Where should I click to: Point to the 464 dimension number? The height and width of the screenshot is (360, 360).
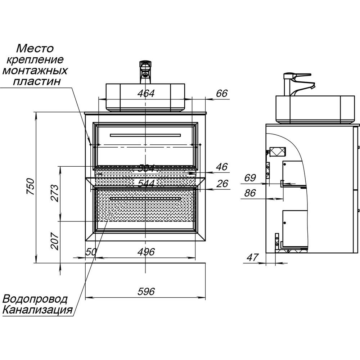tap(146, 94)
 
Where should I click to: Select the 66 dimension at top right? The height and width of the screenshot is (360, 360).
tap(222, 94)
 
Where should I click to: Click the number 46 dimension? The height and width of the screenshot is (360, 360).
tap(222, 167)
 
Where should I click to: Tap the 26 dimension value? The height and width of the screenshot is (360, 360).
tap(222, 184)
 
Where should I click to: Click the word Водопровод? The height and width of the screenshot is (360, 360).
tap(35, 299)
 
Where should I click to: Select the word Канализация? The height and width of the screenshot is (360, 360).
tap(37, 310)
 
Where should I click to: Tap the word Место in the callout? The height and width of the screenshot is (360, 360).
tap(35, 48)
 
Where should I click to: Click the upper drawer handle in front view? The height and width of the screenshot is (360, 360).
tap(145, 135)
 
